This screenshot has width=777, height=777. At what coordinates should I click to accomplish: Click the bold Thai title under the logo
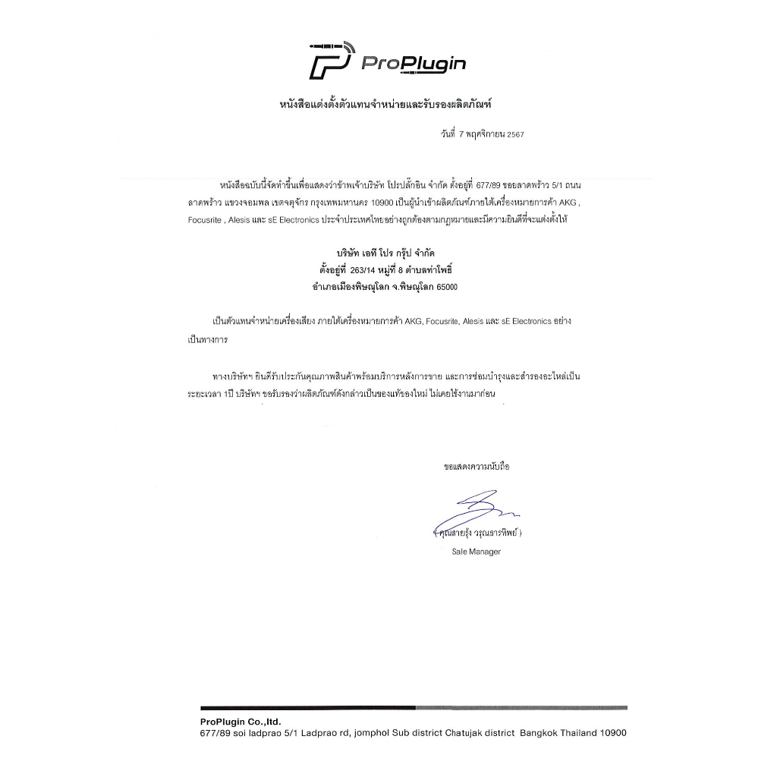pyautogui.click(x=391, y=104)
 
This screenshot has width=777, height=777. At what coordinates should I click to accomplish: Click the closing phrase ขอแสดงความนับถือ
pyautogui.click(x=477, y=466)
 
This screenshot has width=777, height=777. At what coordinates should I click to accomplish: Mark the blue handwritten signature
pyautogui.click(x=472, y=510)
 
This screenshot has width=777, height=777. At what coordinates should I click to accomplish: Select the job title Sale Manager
pyautogui.click(x=476, y=552)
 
